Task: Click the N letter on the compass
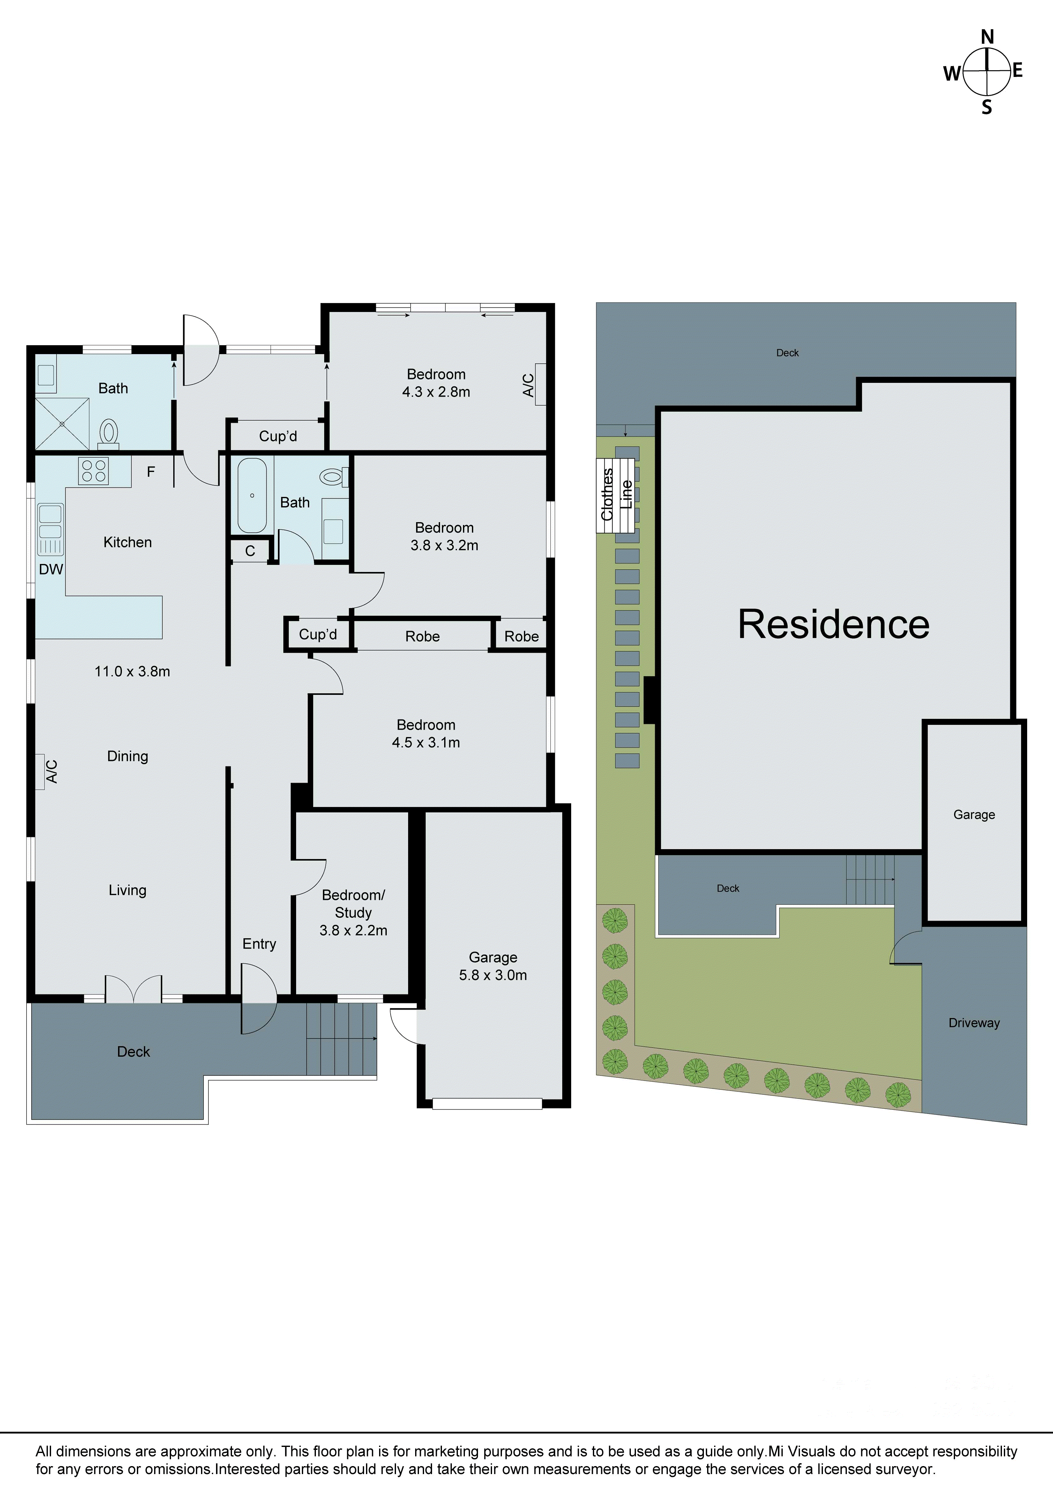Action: coord(987,37)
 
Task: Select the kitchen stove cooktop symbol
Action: coord(93,471)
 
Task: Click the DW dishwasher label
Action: coord(51,570)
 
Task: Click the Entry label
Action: coord(259,944)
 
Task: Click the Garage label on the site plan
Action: coord(974,815)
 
